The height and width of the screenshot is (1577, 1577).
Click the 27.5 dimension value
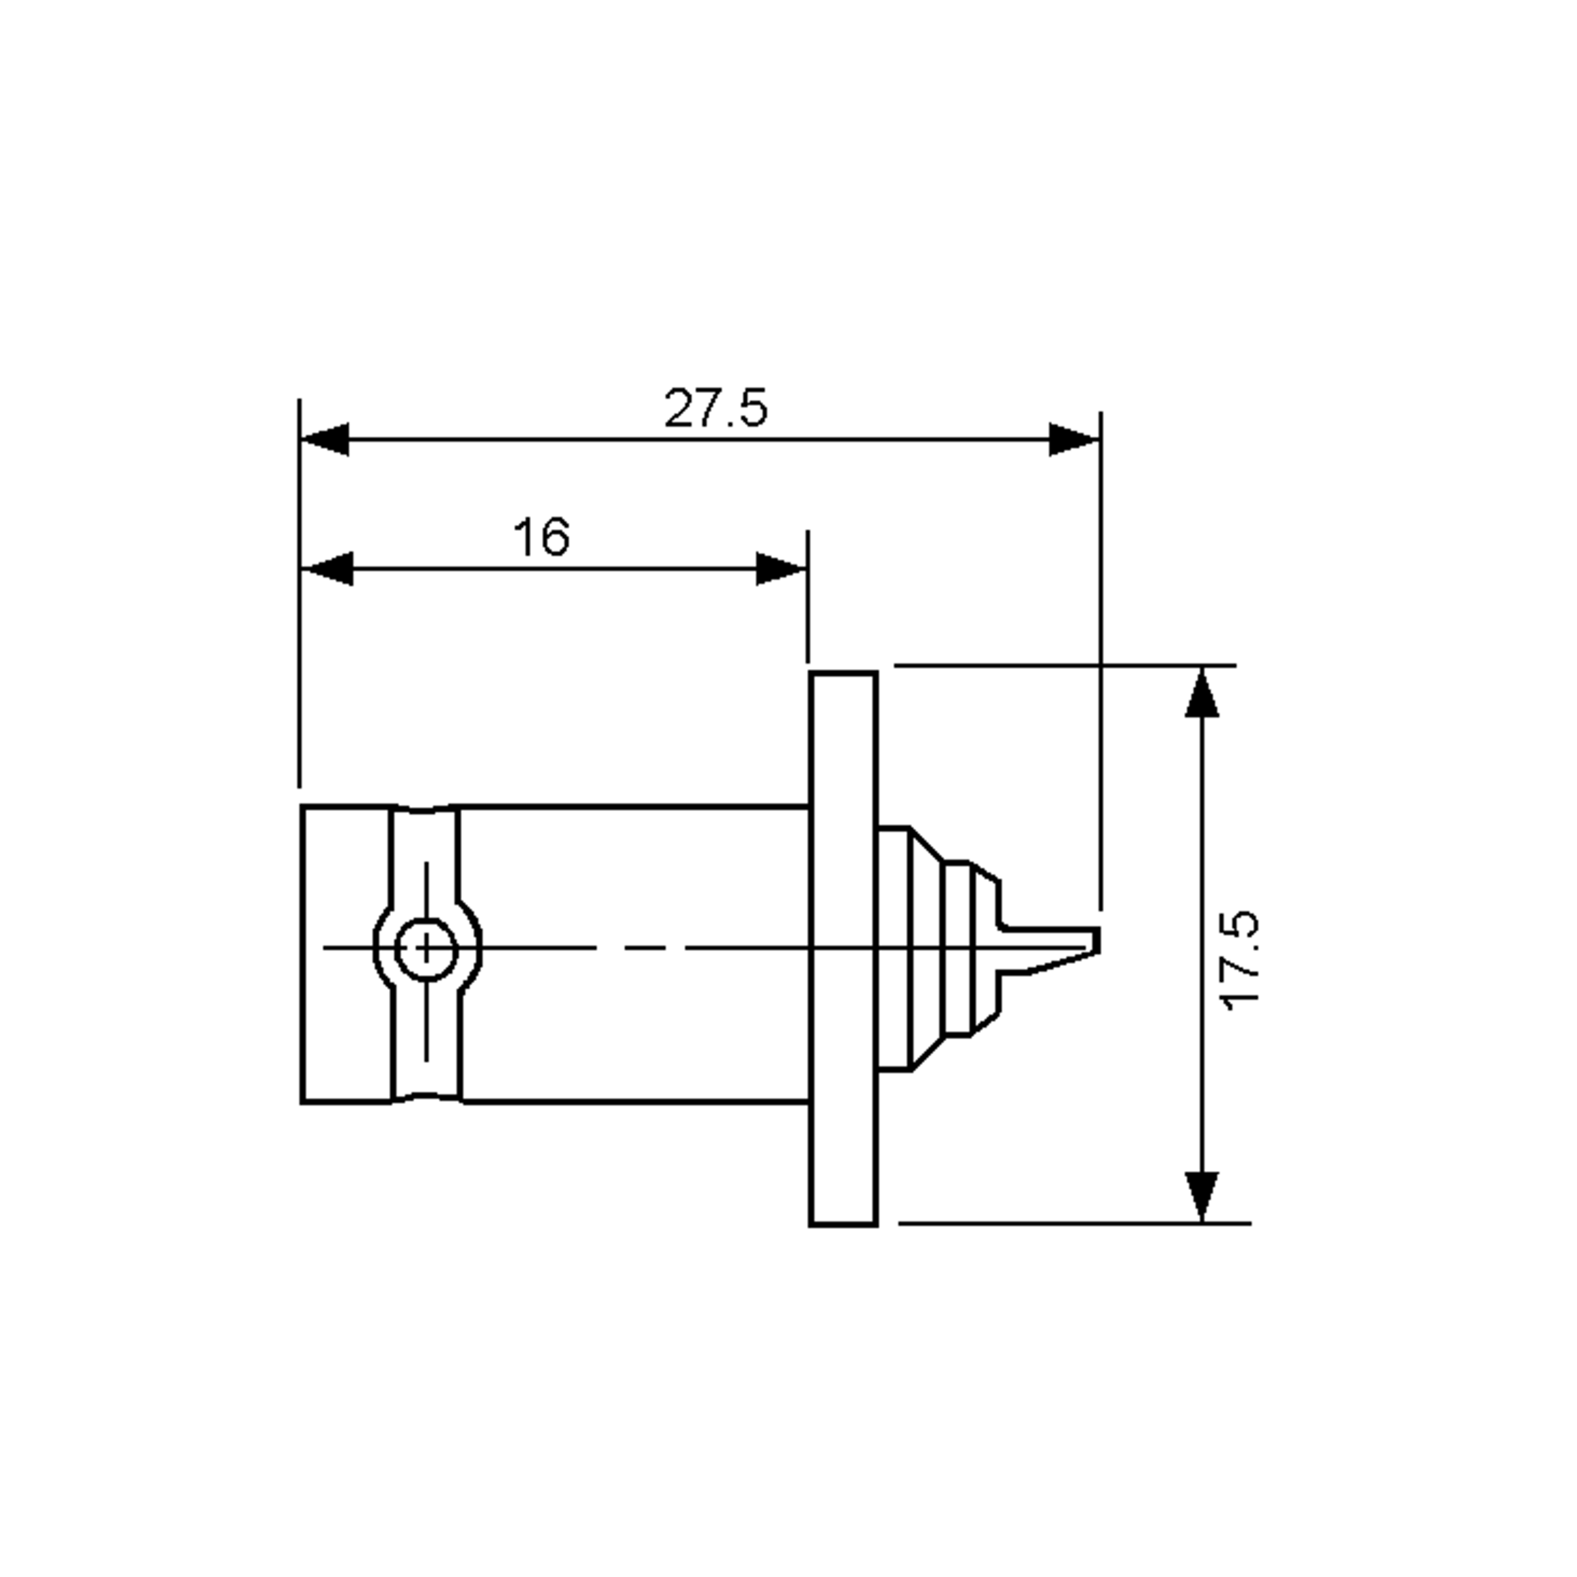715,408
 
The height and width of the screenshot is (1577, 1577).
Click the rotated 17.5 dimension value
1241,961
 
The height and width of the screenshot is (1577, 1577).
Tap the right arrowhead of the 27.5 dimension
1074,439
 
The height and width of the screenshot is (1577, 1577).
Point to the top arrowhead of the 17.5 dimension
1202,695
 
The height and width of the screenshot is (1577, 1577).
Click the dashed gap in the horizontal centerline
641,948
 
